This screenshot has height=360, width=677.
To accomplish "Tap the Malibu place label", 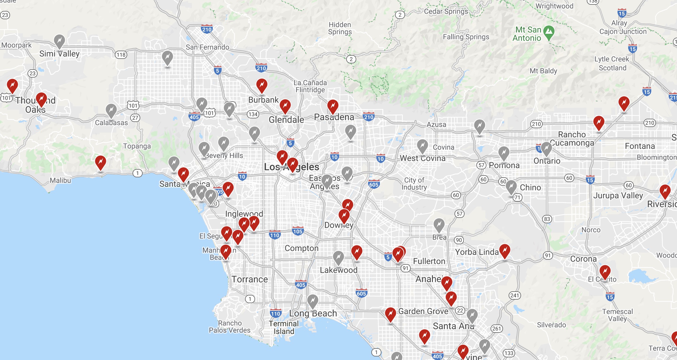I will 60,180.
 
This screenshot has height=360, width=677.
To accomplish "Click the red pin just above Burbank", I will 262,85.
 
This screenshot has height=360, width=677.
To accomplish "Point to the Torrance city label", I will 249,279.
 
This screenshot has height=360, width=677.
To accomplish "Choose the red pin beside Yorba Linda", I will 504,251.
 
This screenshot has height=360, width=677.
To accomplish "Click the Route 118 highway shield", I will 121,54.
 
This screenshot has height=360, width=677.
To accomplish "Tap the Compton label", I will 302,248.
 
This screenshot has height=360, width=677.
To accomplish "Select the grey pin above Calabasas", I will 111,110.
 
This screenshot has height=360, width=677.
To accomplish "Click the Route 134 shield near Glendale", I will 253,114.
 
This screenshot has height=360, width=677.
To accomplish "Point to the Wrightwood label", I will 554,6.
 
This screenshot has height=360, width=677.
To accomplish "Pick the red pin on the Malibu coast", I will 101,162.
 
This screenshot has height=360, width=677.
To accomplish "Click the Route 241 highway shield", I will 515,295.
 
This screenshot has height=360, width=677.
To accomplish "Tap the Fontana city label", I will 640,146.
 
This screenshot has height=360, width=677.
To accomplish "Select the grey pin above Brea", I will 439,225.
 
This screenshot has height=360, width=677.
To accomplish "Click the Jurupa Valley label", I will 618,195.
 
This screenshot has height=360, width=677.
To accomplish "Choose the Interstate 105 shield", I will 298,231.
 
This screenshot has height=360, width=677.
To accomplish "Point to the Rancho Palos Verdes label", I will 230,327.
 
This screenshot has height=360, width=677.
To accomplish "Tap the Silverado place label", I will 551,325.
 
